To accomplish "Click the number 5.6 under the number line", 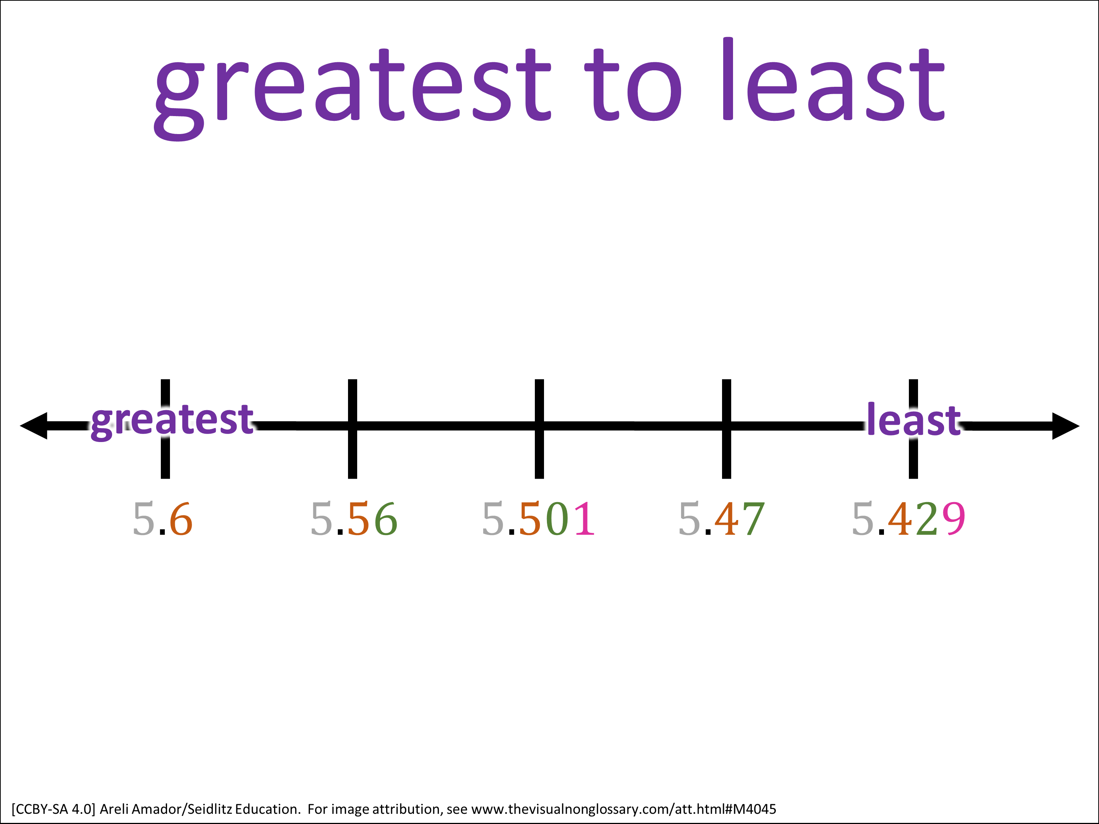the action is (x=162, y=519).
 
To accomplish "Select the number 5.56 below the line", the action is (x=354, y=519).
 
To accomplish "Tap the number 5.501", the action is (x=538, y=519).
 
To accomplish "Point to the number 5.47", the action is (x=721, y=519).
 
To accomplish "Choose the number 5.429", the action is (x=908, y=519).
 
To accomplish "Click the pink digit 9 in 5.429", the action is (x=953, y=519).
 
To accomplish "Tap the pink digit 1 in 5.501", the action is (x=584, y=519).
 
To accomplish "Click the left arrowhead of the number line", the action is (x=34, y=426).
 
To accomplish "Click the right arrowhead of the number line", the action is (x=1066, y=426).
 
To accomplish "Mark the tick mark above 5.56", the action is (x=352, y=428).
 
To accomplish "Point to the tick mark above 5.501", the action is (x=539, y=428).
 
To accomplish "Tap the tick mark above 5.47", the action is (x=726, y=428).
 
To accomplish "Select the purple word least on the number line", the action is (x=914, y=419).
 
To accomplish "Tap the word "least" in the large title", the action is (x=833, y=79).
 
